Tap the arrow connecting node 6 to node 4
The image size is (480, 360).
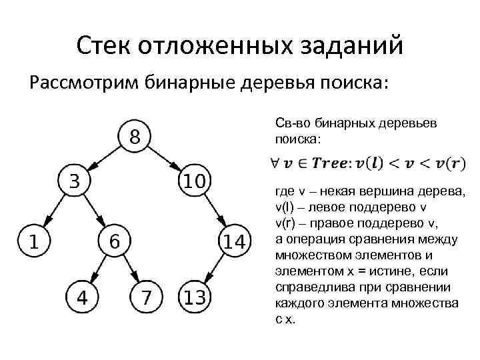coord(98,269)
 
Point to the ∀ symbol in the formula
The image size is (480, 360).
coord(275,163)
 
